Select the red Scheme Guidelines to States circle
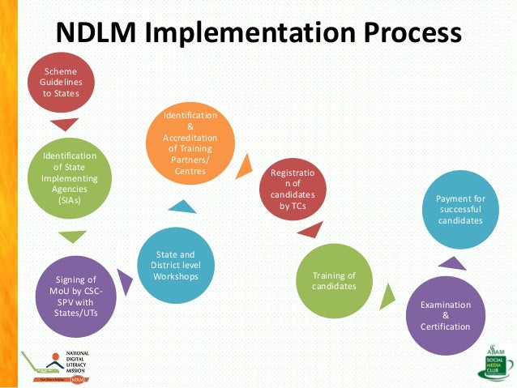point(60,81)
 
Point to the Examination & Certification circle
point(445,316)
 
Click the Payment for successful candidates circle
point(459,210)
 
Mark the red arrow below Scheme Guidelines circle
point(64,125)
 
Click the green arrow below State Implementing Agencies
point(73,237)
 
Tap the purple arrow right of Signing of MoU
point(125,282)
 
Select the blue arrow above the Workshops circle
point(182,207)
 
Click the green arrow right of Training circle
point(387,293)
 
